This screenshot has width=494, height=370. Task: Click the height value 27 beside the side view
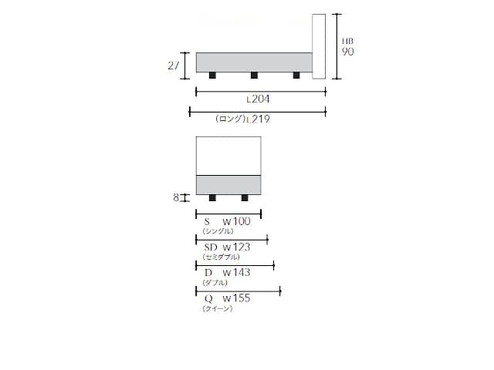[173, 66]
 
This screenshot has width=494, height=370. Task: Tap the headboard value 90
[348, 52]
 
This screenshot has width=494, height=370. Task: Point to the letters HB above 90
[348, 41]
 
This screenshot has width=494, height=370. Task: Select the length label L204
[258, 99]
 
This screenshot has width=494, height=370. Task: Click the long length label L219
[259, 119]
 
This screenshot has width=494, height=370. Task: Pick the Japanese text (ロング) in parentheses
[230, 119]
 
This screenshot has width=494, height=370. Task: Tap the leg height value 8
[176, 197]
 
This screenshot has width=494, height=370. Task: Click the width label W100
[236, 221]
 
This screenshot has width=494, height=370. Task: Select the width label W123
[236, 247]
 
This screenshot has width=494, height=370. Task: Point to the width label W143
[236, 272]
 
